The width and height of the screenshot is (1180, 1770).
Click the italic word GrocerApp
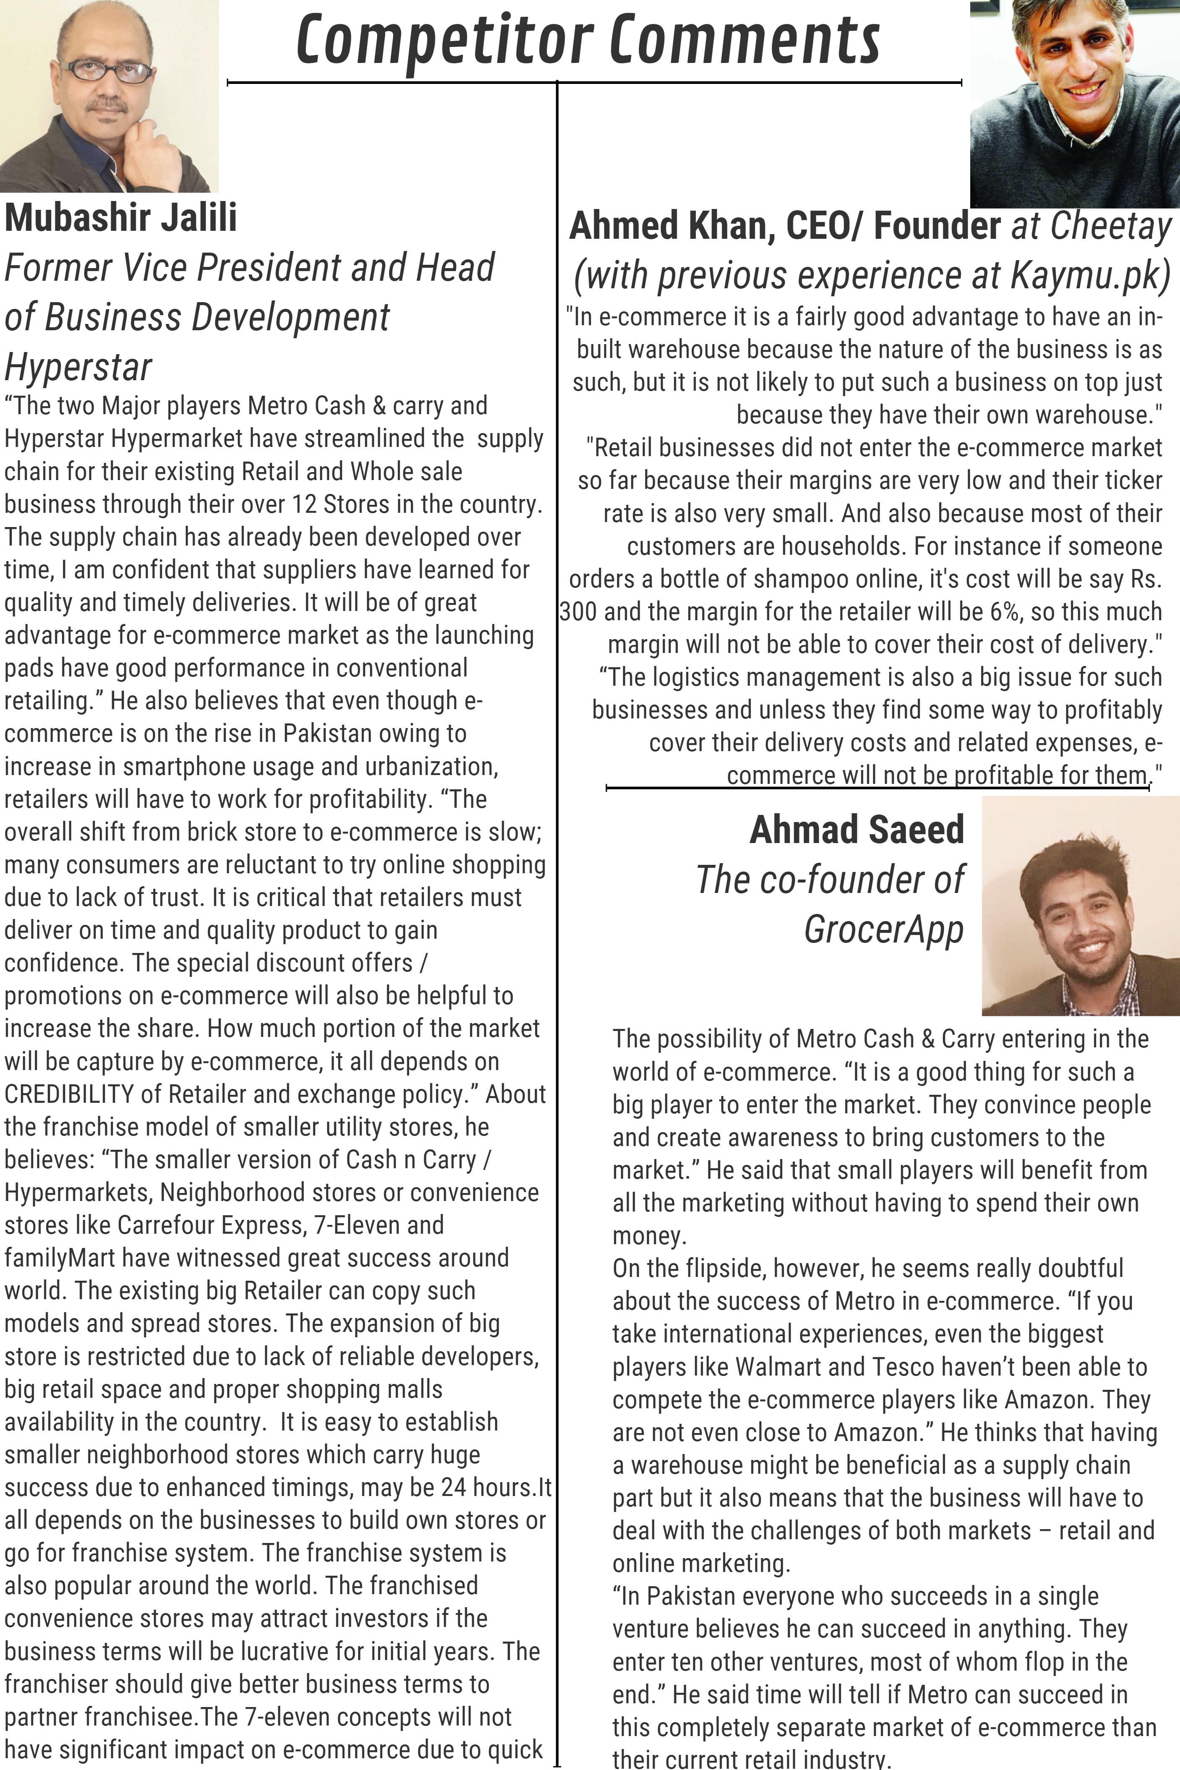(883, 929)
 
